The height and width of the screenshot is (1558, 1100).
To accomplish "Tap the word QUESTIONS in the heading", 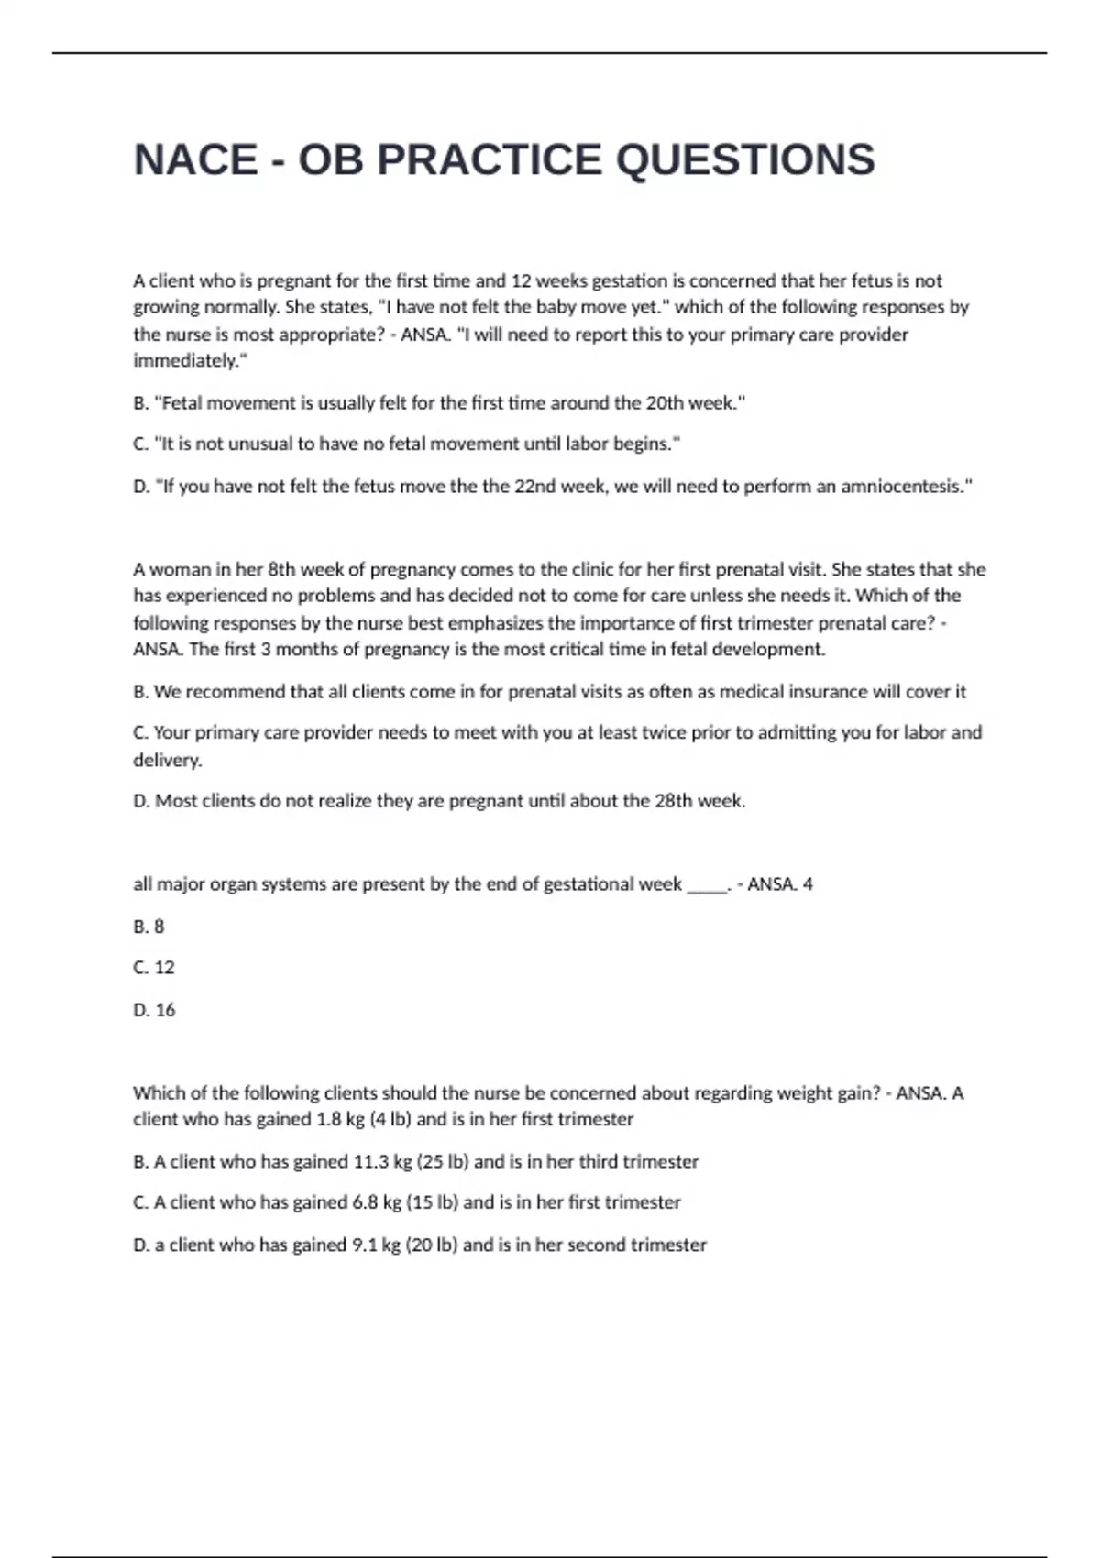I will click(x=745, y=159).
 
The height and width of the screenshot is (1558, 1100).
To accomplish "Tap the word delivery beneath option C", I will click(x=167, y=760).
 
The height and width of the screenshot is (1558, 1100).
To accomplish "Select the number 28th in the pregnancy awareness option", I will click(x=674, y=801).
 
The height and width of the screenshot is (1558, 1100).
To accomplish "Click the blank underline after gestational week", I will click(x=706, y=885).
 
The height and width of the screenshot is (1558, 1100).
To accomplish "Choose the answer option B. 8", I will click(x=148, y=927).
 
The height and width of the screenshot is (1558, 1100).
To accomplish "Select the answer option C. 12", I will click(x=154, y=968).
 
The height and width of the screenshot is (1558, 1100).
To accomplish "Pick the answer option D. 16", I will click(x=154, y=1010).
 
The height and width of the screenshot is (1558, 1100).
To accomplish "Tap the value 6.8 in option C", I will click(x=365, y=1202).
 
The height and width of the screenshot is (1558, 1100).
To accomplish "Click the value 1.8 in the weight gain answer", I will click(x=328, y=1120).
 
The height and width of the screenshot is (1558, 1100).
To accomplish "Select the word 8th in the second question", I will click(x=281, y=570).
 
